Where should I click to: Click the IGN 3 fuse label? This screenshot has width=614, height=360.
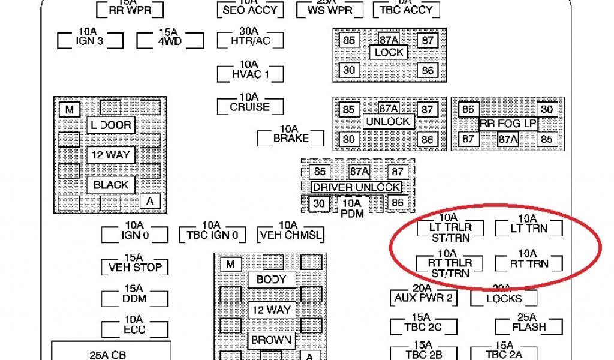click(90, 41)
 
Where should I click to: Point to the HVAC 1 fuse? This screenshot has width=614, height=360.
click(249, 73)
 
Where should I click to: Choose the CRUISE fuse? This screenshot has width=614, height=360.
click(249, 107)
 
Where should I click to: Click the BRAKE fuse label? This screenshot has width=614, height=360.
click(291, 138)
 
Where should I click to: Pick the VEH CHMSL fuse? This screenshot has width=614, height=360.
click(290, 235)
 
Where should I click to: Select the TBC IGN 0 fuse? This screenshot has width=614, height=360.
click(212, 235)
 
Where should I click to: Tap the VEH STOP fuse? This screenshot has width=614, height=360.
click(134, 267)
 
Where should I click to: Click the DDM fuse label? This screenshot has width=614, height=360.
click(134, 298)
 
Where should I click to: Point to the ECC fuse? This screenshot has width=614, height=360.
click(134, 329)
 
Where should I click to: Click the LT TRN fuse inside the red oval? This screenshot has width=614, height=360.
click(528, 228)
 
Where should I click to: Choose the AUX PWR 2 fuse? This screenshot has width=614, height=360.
click(423, 298)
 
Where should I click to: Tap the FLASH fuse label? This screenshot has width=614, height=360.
click(529, 327)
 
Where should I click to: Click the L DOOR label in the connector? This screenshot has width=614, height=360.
click(110, 125)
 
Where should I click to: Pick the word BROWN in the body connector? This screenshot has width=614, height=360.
click(271, 340)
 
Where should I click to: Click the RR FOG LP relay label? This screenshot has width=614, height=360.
click(508, 124)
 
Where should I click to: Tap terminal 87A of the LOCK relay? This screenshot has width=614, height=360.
click(389, 40)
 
